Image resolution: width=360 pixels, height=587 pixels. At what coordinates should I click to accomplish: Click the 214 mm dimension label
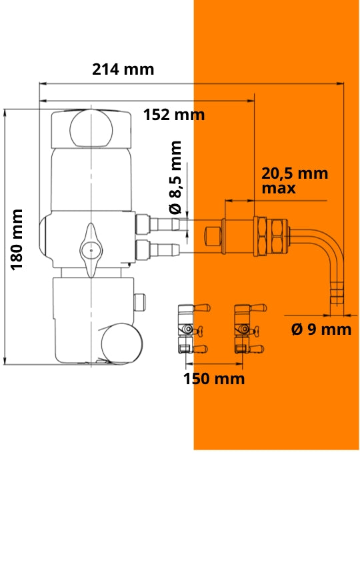pos(123,69)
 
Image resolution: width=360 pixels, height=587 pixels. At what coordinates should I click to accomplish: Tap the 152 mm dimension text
pos(174,115)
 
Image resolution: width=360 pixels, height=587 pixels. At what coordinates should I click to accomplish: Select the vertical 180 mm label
pos(17,239)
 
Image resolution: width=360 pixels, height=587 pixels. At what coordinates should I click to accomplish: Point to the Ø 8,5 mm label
pos(175,177)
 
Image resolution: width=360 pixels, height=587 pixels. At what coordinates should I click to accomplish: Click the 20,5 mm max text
pos(295,181)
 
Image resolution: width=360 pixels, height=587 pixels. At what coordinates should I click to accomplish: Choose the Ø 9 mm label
pos(321,330)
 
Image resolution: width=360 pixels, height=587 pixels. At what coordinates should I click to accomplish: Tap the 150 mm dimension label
pos(214,379)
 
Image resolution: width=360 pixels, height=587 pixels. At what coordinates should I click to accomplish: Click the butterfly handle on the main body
pos(91,250)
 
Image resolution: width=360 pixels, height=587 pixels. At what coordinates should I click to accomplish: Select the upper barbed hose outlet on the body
pos(157,224)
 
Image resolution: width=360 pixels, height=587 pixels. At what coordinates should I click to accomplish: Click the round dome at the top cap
pos(91,129)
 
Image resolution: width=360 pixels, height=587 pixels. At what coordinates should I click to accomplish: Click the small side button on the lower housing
pos(139,302)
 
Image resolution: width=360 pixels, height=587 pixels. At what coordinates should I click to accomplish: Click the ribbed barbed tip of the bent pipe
pos(337,296)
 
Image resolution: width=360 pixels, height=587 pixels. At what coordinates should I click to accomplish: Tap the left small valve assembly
pos(192,328)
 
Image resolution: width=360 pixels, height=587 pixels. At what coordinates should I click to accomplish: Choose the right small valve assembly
pos(249,328)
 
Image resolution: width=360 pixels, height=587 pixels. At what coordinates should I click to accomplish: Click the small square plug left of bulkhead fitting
pos(213,237)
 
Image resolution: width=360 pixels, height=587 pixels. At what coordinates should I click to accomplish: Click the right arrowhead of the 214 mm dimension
pos(340,83)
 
